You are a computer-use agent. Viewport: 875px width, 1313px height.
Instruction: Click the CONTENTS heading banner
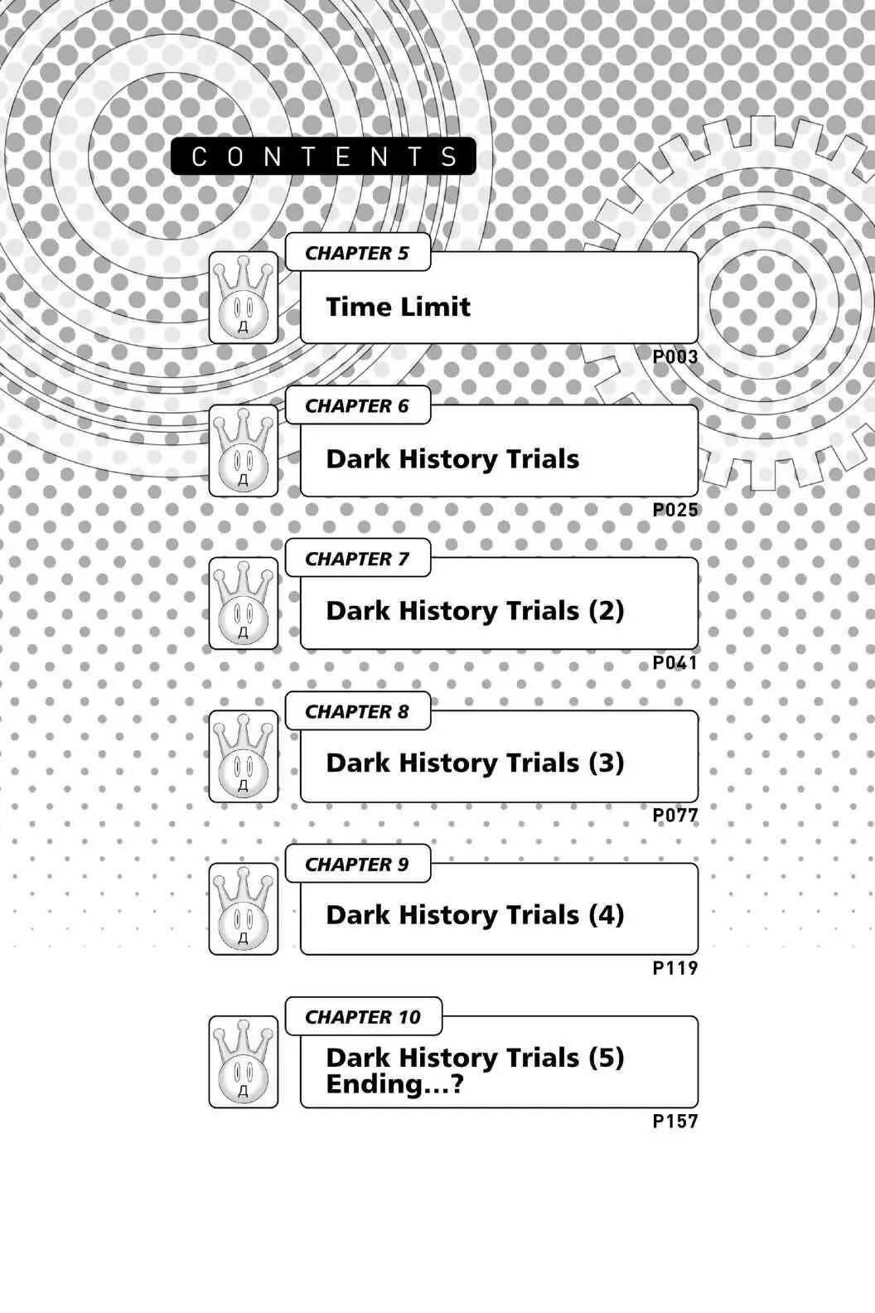point(323,156)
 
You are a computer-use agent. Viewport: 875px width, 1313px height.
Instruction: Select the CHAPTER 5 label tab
point(357,253)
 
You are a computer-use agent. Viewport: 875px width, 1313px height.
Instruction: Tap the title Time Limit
point(398,307)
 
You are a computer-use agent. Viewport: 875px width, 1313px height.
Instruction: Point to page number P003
point(675,356)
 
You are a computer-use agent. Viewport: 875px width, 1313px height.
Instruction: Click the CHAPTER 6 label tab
point(357,405)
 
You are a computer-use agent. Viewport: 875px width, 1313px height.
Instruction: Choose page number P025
point(675,510)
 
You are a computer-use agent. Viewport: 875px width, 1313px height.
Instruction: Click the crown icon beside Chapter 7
point(244,603)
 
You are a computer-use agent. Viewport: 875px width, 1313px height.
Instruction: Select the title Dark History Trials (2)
point(475,611)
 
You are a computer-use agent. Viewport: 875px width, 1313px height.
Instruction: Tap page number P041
point(675,662)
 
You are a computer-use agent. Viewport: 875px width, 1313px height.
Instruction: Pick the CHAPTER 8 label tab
point(357,711)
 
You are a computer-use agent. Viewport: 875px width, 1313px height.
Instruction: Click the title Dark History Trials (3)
point(475,763)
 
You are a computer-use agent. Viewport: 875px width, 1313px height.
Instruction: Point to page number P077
point(675,815)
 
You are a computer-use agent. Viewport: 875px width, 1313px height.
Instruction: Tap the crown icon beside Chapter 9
point(244,908)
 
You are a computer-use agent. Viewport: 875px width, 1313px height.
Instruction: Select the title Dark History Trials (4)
point(475,916)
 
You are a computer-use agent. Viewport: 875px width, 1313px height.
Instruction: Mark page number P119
point(675,967)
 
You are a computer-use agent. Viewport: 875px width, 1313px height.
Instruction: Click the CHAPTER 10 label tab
point(364,1016)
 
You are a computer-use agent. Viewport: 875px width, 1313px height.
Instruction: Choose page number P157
point(675,1121)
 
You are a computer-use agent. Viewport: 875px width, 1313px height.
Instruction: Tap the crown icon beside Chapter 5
point(244,298)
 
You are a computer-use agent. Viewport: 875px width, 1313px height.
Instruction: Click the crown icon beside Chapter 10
point(244,1062)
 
